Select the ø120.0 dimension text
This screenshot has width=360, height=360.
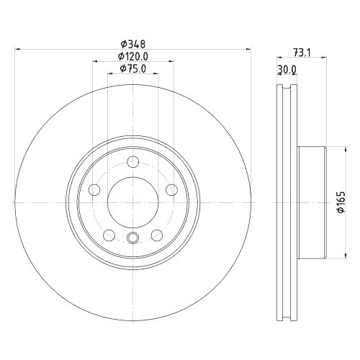pyautogui.click(x=133, y=56)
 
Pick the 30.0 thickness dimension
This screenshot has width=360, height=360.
pyautogui.click(x=287, y=69)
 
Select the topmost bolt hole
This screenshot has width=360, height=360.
pyautogui.click(x=133, y=163)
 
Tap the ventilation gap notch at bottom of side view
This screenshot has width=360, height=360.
pyautogui.click(x=287, y=315)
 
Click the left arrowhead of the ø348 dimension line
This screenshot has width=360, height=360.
pyautogui.click(x=17, y=49)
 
